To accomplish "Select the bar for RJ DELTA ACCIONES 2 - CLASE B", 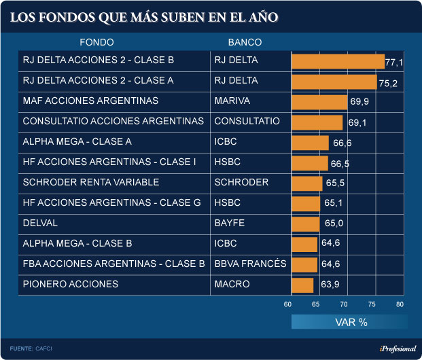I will tap(338, 61).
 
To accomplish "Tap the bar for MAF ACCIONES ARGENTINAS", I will tap(319, 102).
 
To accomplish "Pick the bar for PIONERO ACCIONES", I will tap(302, 285).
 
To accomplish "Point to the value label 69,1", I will tap(357, 124).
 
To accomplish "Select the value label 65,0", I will tap(334, 224).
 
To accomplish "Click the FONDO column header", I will tap(96, 42).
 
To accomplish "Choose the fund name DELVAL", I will tap(41, 223).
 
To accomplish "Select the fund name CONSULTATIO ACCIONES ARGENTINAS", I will tap(113, 121).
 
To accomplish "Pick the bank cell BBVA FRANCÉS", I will tap(250, 264).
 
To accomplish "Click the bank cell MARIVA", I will tap(232, 101).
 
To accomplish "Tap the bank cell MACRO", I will tap(232, 284).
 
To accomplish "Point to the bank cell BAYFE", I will tap(230, 223).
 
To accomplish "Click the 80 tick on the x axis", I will tap(400, 305).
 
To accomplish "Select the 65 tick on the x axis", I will tap(316, 305).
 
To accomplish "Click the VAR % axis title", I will tap(351, 322).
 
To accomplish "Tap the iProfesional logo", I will tap(392, 348).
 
